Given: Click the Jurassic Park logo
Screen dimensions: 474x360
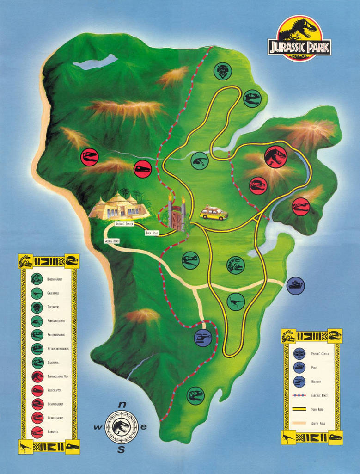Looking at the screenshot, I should (299, 38).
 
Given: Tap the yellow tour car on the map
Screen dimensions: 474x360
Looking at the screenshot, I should (214, 213).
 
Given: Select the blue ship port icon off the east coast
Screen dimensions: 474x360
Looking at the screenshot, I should (295, 285).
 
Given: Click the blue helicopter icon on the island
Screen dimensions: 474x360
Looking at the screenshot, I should (203, 338).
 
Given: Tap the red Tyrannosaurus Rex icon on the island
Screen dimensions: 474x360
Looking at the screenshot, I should (276, 157).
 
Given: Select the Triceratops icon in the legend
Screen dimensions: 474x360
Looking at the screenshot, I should (37, 307).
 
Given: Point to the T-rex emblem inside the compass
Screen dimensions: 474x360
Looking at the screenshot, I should (121, 428).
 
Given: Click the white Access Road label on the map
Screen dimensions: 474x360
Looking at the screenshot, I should (112, 241).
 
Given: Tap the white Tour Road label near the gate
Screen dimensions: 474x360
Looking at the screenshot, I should (152, 233).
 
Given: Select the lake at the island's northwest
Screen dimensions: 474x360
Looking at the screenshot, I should (96, 62).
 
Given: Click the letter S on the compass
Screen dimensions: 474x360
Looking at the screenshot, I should (121, 449).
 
